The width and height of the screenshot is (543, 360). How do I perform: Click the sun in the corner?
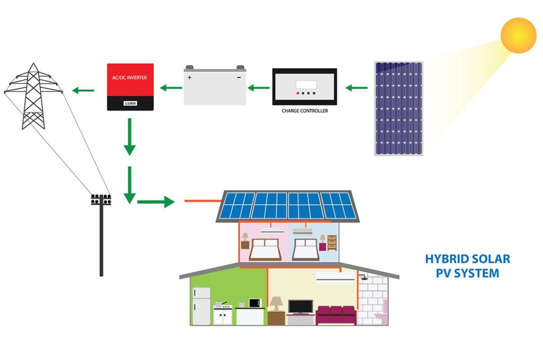tap(518, 35)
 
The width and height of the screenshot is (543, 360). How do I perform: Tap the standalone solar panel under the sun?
tap(399, 109)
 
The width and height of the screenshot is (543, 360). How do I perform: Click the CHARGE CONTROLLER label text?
tap(304, 111)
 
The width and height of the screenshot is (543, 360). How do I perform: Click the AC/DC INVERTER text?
tap(130, 77)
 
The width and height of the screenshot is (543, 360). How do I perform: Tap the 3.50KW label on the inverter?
tap(130, 103)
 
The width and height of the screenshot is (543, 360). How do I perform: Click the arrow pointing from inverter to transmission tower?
tap(83, 91)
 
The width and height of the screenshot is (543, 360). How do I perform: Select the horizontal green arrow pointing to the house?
tap(155, 201)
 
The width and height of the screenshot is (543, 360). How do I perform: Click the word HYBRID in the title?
tap(444, 259)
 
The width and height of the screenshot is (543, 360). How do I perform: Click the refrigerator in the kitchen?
tap(201, 306)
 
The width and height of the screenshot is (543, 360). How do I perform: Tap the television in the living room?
tap(300, 306)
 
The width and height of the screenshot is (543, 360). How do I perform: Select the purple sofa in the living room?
tap(335, 314)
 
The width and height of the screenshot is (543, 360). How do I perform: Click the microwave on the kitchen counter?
tap(256, 303)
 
